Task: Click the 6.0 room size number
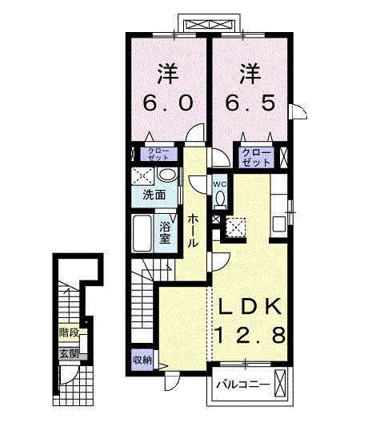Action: point(168,103)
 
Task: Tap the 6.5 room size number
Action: point(250,103)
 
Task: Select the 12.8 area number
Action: point(250,335)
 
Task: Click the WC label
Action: point(220,184)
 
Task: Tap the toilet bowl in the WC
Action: point(220,198)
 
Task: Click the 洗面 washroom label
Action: point(154,195)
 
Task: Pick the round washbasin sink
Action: point(168,175)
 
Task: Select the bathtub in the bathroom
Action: point(142,233)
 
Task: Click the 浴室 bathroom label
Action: point(165,233)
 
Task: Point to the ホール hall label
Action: point(193,230)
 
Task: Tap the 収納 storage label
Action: point(142,361)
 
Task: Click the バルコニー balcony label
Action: point(243,385)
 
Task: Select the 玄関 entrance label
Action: point(70,354)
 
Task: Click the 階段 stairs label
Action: point(70,332)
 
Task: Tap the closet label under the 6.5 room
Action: point(256,158)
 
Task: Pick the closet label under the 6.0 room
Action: point(158,154)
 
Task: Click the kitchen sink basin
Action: point(279,224)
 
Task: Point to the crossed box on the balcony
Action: point(280,384)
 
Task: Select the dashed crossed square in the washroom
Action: point(142,176)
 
